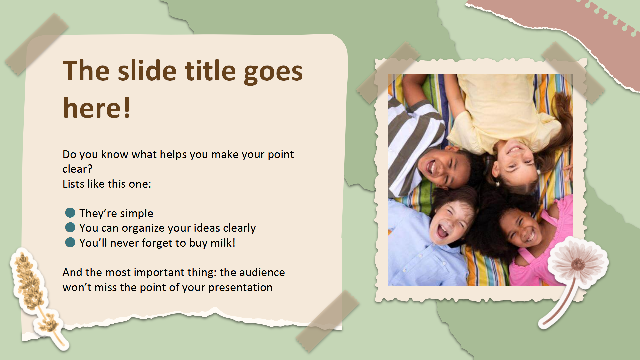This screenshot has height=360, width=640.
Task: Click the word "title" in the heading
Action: tap(210, 71)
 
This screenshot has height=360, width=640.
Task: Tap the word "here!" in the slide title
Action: tap(97, 108)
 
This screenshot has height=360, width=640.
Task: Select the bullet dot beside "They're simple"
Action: tap(70, 213)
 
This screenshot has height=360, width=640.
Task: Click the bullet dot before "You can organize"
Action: tap(70, 228)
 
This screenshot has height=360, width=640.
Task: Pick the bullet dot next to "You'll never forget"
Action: tap(70, 242)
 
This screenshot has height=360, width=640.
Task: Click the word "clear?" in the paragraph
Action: tap(77, 169)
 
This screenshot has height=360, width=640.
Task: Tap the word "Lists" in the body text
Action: tap(73, 184)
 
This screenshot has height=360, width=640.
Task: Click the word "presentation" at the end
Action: tap(240, 288)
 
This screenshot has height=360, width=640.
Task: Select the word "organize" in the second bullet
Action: tap(143, 228)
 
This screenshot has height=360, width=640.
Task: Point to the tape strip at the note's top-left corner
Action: tap(37, 44)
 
